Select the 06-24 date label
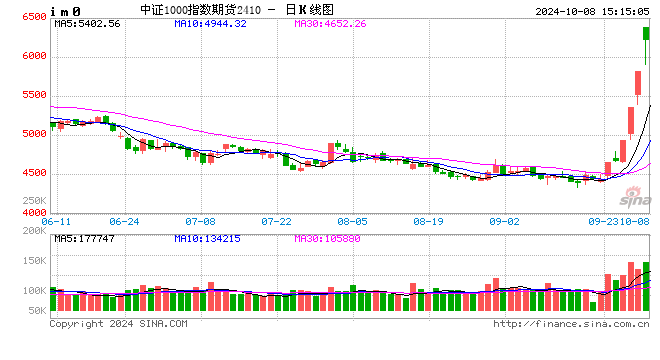[124, 221]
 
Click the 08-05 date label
[353, 221]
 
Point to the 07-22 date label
[276, 221]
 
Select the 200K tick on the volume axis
[33, 232]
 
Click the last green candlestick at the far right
[646, 34]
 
